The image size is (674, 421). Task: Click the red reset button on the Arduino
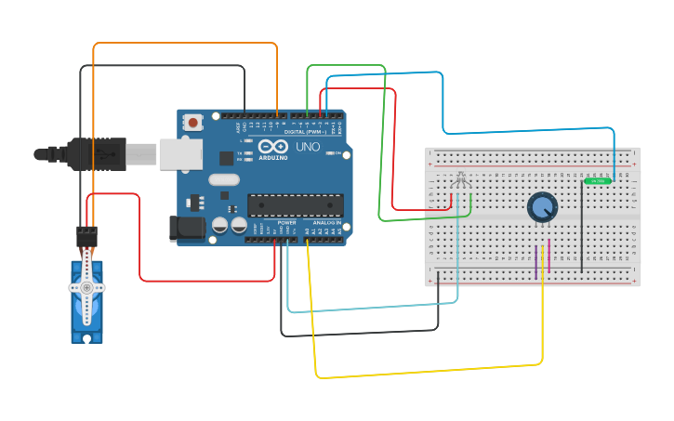[193, 122]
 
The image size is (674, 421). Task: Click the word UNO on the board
[308, 147]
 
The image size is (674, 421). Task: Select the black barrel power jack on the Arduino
[187, 229]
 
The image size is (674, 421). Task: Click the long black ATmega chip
[296, 204]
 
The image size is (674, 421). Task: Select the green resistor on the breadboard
[598, 180]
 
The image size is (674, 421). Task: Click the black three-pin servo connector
[86, 235]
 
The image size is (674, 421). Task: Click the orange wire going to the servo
[186, 43]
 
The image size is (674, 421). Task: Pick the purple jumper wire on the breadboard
[537, 259]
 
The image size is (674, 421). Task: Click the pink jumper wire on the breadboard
[548, 256]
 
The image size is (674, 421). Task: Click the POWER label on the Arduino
[286, 223]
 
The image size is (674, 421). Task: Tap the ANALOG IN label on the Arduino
[324, 223]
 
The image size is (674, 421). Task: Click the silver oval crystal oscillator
[224, 179]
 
